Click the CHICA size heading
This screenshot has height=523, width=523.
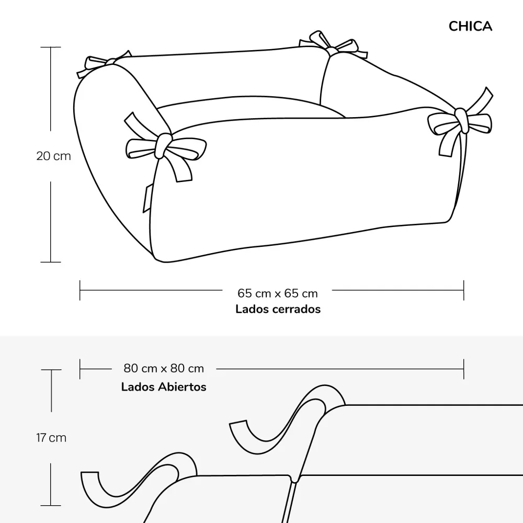point(470,26)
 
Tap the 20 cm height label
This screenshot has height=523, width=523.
point(54,156)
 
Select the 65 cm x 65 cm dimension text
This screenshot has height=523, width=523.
point(278,293)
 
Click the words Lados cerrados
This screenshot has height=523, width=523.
point(278,309)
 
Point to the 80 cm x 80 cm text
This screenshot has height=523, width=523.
point(164,368)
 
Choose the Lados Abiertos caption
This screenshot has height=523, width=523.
point(164,387)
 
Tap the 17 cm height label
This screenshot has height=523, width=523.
point(51,438)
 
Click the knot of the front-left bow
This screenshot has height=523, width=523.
point(163,145)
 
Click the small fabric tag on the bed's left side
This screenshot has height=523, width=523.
point(147,199)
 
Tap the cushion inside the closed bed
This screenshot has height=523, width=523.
point(250,107)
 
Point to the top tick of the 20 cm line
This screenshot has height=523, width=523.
point(51,48)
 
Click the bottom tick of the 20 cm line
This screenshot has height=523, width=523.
point(51,262)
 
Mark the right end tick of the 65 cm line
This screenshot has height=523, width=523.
point(463,290)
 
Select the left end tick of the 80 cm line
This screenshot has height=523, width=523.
point(80,369)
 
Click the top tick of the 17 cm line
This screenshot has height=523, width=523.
point(51,370)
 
